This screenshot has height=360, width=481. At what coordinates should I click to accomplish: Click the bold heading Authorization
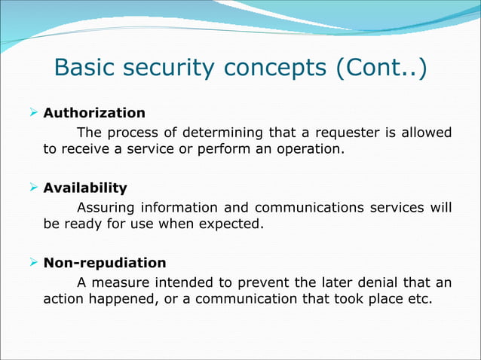pos(94,113)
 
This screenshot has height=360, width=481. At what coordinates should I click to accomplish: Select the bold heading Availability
pos(85,188)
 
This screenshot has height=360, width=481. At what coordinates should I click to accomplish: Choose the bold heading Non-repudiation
pos(105,263)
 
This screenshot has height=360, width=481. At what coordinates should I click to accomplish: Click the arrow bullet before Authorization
pos(33,113)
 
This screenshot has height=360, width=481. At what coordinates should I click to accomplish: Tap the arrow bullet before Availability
pos(33,188)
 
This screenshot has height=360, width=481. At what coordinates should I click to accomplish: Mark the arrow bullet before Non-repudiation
pos(33,263)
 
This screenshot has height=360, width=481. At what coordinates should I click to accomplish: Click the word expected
pos(234,224)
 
